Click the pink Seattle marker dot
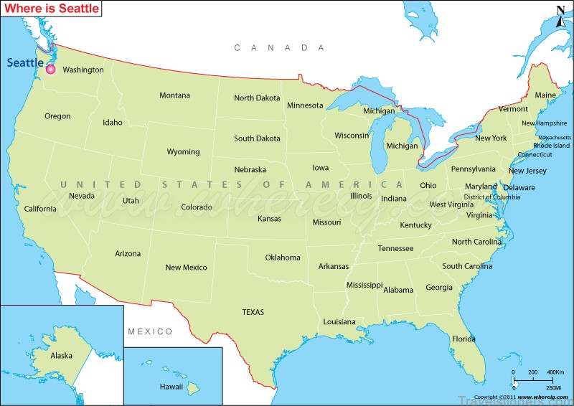(51, 70)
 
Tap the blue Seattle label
(25, 62)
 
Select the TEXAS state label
(253, 312)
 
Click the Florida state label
(464, 339)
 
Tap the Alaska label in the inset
(61, 356)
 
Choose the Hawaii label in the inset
(171, 387)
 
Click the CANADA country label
(280, 47)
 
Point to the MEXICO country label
(150, 331)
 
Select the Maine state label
(545, 95)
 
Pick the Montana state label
(174, 95)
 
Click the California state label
(39, 209)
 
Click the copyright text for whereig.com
(514, 397)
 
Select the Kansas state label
(269, 219)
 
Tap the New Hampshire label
(544, 123)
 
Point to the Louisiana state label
(339, 322)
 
